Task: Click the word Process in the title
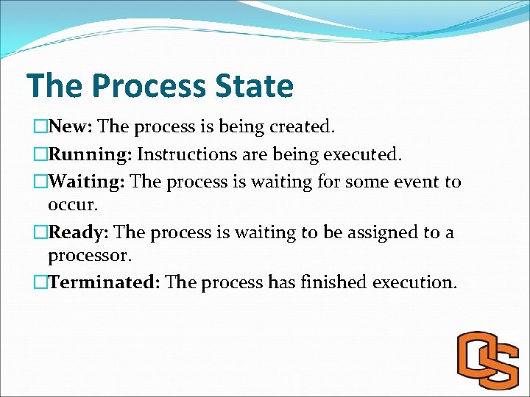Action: coord(154,86)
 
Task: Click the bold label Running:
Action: coord(90,154)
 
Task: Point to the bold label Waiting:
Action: coord(87,182)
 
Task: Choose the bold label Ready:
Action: coord(79,233)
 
